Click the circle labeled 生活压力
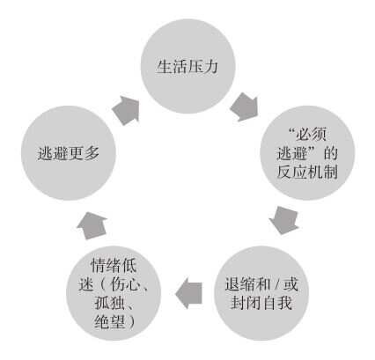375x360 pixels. click(x=188, y=66)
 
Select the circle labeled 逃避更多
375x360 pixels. click(x=69, y=153)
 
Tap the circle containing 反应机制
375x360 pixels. click(x=307, y=153)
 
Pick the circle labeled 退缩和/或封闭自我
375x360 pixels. click(x=261, y=293)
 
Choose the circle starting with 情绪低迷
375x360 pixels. click(x=114, y=293)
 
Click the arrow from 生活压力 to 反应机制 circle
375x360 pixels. click(x=244, y=107)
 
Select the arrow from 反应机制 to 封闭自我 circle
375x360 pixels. click(x=283, y=220)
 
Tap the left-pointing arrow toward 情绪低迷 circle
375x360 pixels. click(x=188, y=293)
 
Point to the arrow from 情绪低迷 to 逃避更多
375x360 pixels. click(x=92, y=225)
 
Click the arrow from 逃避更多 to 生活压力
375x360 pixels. click(x=126, y=110)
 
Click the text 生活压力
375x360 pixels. click(x=187, y=67)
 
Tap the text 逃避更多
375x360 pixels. click(x=69, y=153)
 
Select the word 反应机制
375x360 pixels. click(x=307, y=172)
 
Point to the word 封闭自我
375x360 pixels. click(x=261, y=303)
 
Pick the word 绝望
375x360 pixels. click(x=109, y=321)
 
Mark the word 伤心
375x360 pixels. click(x=124, y=284)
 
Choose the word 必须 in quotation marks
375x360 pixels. click(x=311, y=135)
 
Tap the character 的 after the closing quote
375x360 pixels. click(x=331, y=153)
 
